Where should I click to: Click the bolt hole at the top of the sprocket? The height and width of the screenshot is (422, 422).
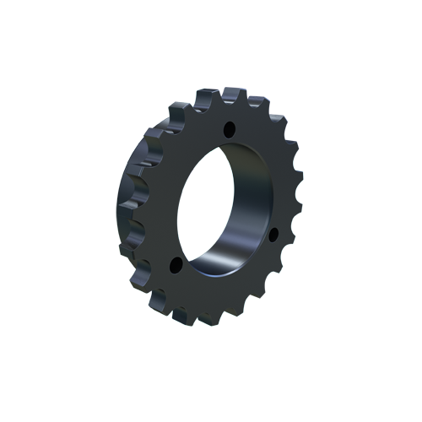(x=228, y=130)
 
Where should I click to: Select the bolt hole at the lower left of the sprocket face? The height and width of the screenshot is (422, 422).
(x=175, y=266)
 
